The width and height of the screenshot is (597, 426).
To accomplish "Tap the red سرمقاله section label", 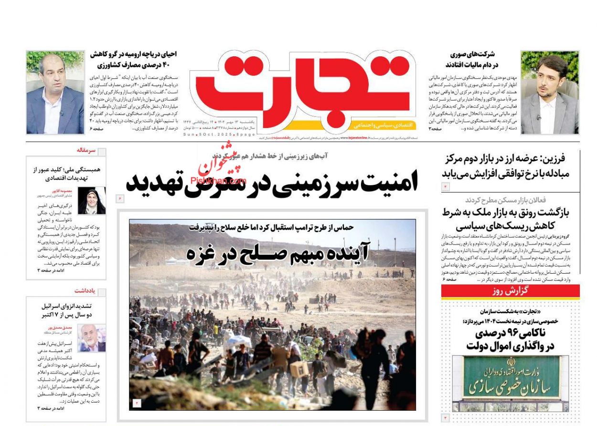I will [x=86, y=150].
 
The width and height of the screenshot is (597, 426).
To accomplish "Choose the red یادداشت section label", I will [x=85, y=290].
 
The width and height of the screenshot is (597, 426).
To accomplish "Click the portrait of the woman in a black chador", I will [x=91, y=201].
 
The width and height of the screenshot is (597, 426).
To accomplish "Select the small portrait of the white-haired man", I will [x=92, y=338].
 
